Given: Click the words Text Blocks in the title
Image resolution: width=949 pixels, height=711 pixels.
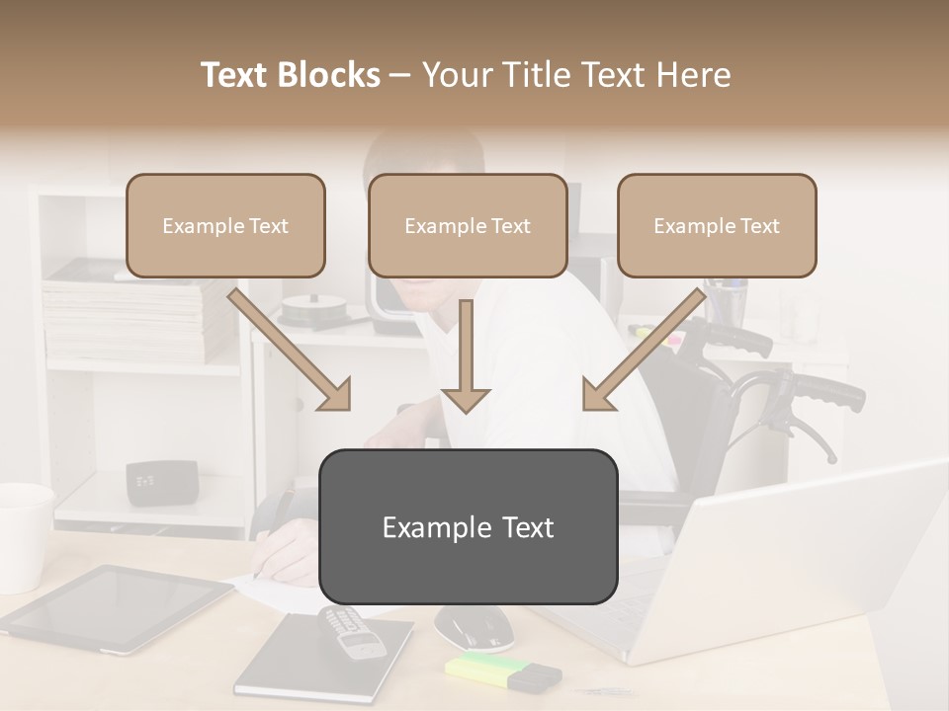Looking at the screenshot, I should [x=290, y=75].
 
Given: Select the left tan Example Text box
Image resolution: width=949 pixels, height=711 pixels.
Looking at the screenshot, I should [x=225, y=225].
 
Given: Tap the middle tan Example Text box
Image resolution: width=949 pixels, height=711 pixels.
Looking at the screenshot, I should [x=468, y=225].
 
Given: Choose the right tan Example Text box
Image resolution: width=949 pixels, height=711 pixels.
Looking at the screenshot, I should [x=717, y=225].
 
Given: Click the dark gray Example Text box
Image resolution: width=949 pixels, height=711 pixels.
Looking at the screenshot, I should [x=468, y=526].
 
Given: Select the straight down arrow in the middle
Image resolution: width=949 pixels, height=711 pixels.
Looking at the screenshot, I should [x=466, y=355].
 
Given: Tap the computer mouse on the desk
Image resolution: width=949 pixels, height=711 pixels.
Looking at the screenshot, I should [x=474, y=624].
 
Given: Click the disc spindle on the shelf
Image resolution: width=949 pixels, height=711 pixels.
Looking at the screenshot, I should [x=312, y=311].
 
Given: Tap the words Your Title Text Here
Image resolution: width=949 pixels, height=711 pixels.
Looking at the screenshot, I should [x=576, y=75].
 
